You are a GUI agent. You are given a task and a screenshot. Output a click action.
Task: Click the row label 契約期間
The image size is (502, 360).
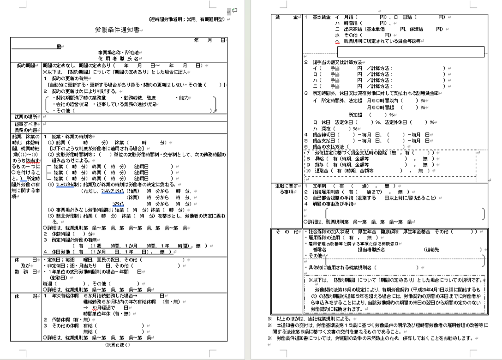coord(26,66)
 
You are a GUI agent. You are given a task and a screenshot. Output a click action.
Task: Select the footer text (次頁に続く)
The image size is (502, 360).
coord(118,344)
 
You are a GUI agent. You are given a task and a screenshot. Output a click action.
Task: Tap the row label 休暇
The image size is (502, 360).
coord(26,295)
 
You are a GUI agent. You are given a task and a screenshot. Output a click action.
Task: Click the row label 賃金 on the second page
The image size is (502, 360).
coord(286,17)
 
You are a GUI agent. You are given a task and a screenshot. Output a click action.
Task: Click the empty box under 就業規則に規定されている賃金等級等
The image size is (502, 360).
coord(411,51)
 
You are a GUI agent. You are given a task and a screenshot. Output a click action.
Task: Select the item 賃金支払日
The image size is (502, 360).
coord(325,140)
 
